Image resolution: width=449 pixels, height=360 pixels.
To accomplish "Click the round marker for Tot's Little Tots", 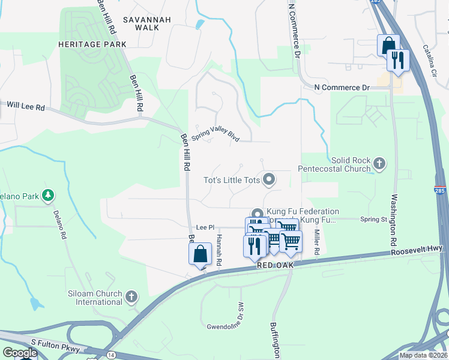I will [x=270, y=178].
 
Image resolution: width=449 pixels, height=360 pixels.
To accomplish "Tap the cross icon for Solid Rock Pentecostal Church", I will [x=379, y=163].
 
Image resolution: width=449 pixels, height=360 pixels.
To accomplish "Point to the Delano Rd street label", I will [x=59, y=224].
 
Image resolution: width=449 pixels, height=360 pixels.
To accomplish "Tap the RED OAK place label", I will [x=273, y=265].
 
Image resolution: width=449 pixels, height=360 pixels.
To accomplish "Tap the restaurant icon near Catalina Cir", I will [x=397, y=60].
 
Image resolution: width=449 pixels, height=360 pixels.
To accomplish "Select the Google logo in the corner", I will [x=20, y=353].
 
